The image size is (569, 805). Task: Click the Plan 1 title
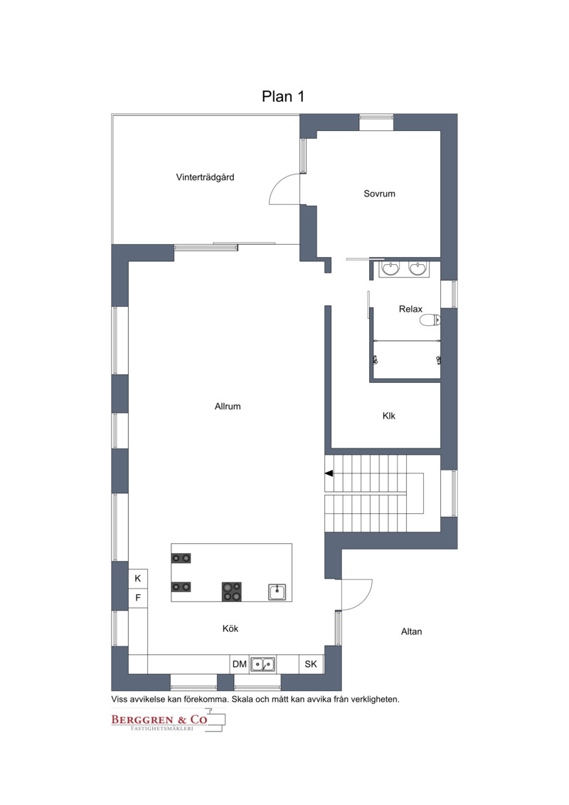pyautogui.click(x=282, y=97)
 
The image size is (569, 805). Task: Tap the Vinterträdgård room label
pyautogui.click(x=205, y=178)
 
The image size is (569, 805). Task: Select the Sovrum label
pyautogui.click(x=379, y=194)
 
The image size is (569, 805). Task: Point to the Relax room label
pyautogui.click(x=410, y=309)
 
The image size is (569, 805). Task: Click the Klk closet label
pyautogui.click(x=389, y=416)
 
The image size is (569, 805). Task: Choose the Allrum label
pyautogui.click(x=228, y=406)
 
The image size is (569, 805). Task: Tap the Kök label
pyautogui.click(x=230, y=628)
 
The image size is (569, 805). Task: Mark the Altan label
pyautogui.click(x=412, y=631)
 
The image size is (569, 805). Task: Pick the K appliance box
pyautogui.click(x=137, y=579)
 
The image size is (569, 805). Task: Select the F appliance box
pyautogui.click(x=137, y=598)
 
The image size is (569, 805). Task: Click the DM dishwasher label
pyautogui.click(x=239, y=664)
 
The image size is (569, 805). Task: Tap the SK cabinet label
pyautogui.click(x=311, y=664)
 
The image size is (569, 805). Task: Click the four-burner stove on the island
pyautogui.click(x=231, y=591)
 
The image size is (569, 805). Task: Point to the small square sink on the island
pyautogui.click(x=277, y=592)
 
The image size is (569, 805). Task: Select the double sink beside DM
pyautogui.click(x=262, y=664)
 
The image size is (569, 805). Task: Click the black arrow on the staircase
pyautogui.click(x=329, y=473)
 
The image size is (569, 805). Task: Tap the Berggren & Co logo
pyautogui.click(x=169, y=720)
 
